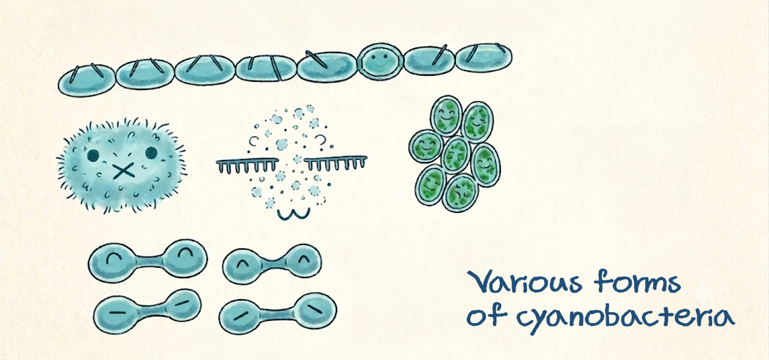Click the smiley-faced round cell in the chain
click(x=381, y=61)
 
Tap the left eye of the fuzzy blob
click(x=93, y=155)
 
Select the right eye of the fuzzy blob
click(x=152, y=153)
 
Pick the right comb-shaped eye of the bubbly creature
click(x=336, y=162)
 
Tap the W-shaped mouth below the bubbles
click(x=294, y=214)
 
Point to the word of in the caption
click(x=484, y=316)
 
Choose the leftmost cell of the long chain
click(x=87, y=81)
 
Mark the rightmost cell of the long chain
click(x=483, y=57)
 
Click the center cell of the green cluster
click(x=456, y=155)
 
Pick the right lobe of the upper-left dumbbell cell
click(x=185, y=258)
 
